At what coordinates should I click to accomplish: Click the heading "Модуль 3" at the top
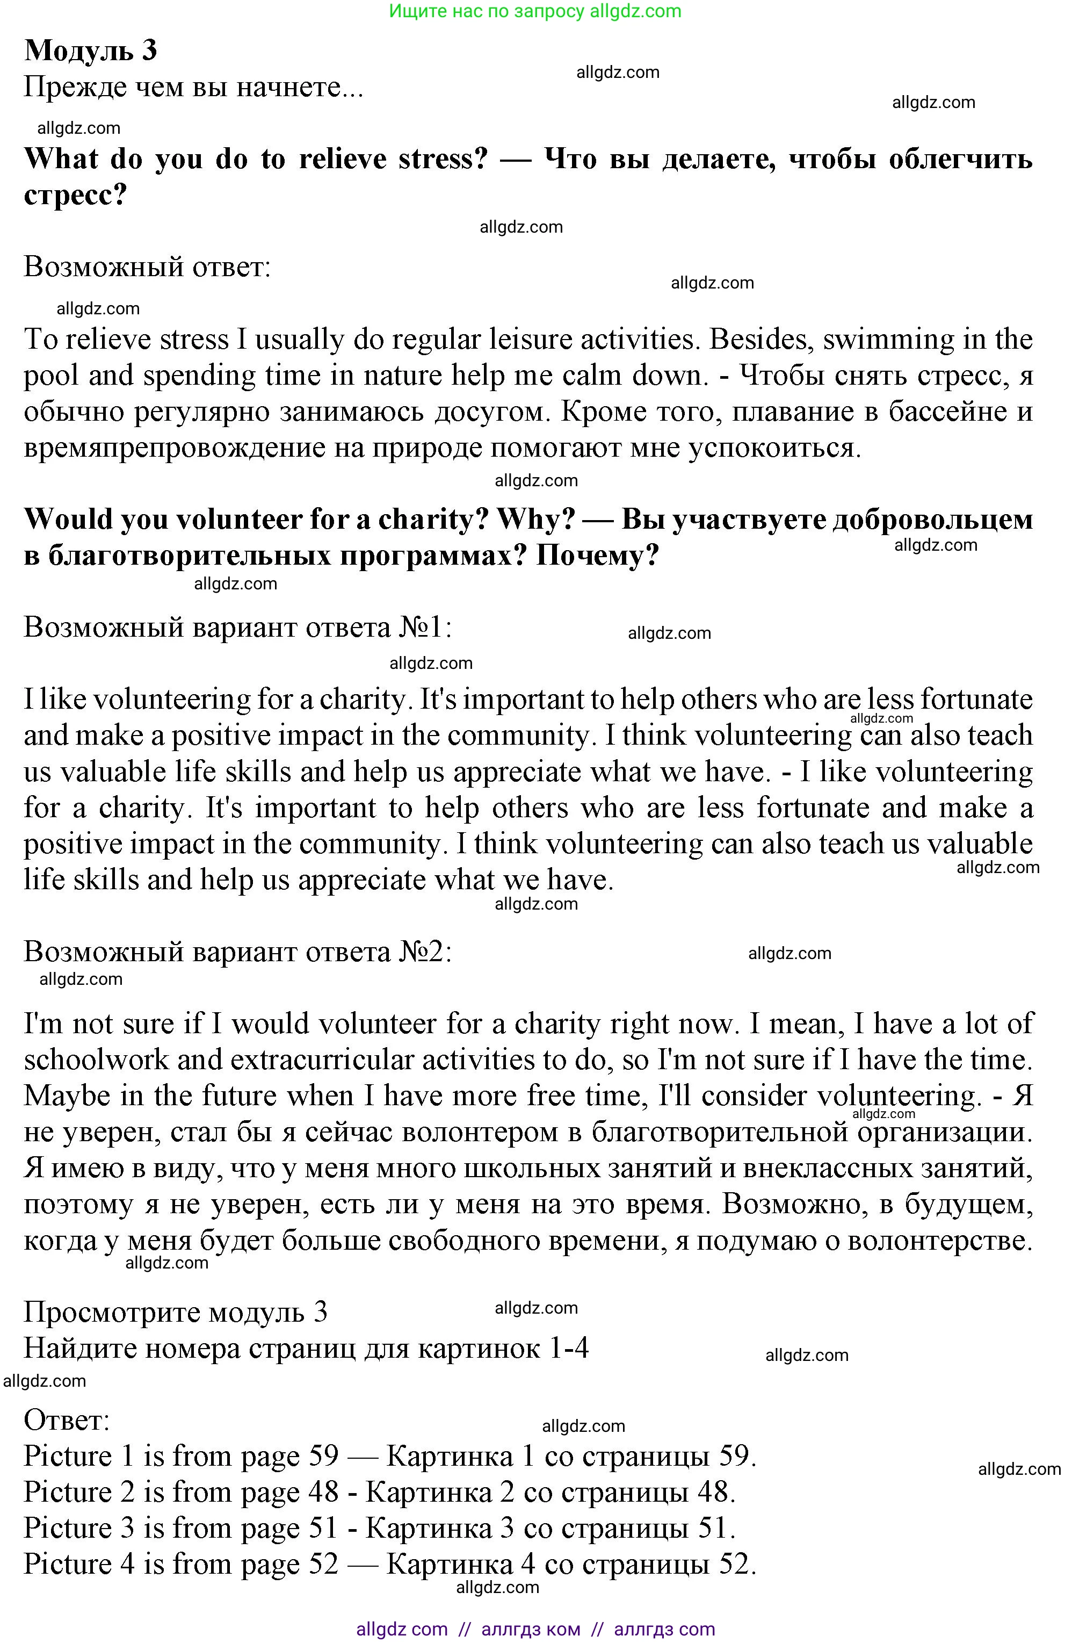click(90, 51)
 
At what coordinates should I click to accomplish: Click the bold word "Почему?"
click(597, 555)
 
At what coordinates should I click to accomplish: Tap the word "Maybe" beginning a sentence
click(62, 1096)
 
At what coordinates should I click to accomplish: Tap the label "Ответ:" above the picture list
click(67, 1420)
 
